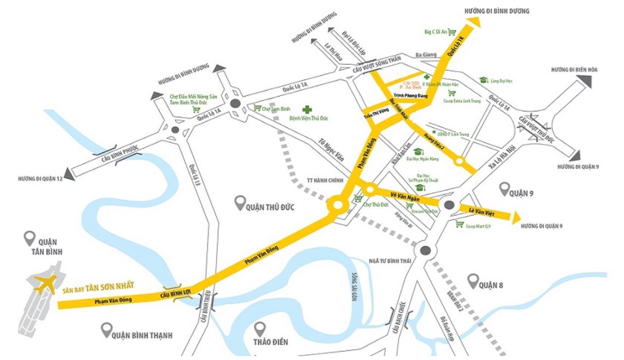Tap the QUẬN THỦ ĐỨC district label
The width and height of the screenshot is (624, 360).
point(270,207)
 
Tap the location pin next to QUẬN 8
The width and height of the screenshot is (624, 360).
point(472,280)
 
